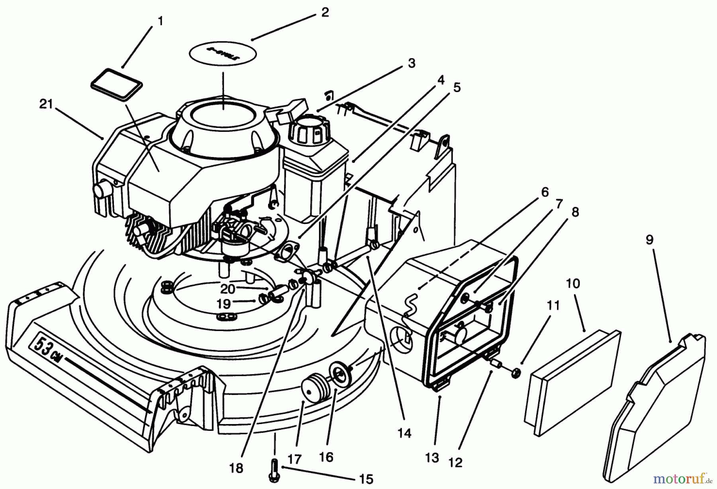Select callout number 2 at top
click(x=325, y=12)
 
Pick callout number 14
click(x=404, y=433)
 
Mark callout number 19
click(x=224, y=304)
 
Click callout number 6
click(x=544, y=192)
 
